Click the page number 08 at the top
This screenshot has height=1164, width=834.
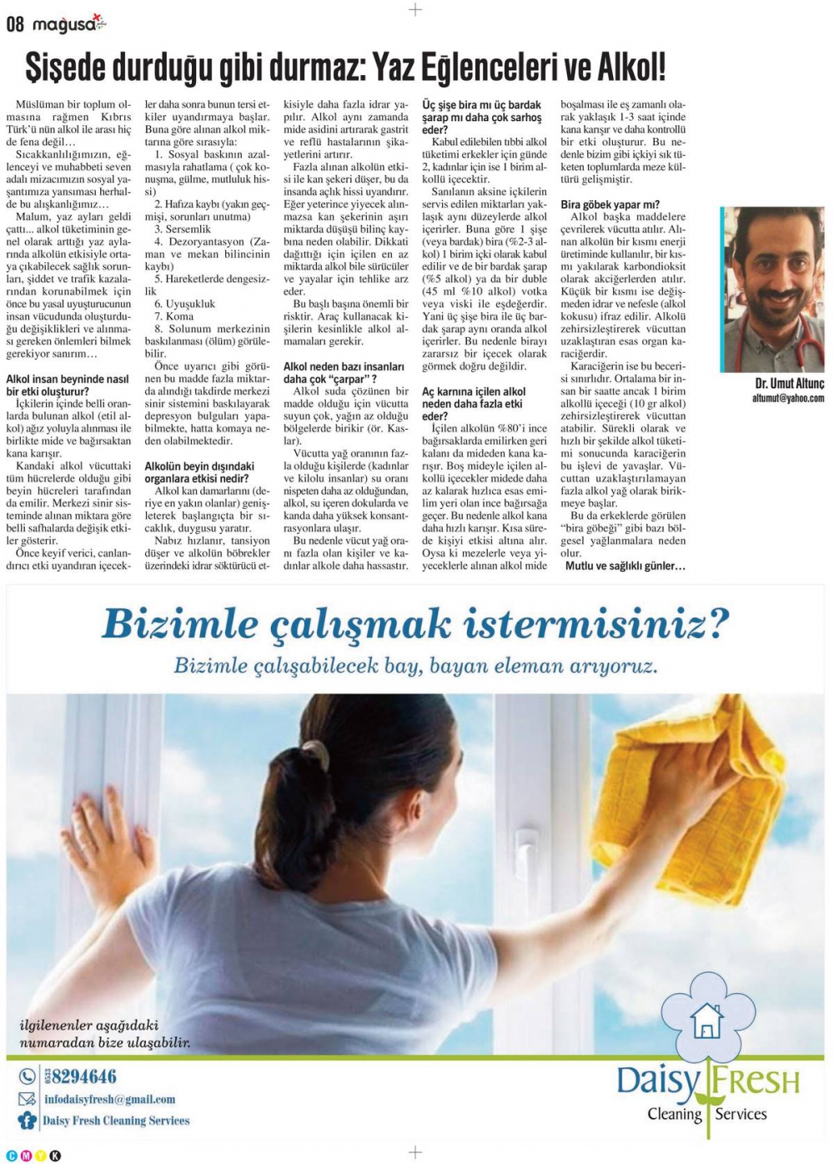tap(15, 24)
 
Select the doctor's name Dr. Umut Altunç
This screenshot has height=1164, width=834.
tap(788, 384)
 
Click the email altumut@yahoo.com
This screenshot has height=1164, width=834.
tap(787, 399)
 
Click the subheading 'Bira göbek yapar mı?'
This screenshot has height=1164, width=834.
tap(610, 204)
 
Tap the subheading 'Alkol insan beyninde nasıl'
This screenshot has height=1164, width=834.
tap(68, 379)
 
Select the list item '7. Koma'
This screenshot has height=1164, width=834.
tap(173, 316)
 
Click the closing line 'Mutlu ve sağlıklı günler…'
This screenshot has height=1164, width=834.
tap(625, 566)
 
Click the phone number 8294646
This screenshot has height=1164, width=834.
tap(83, 1076)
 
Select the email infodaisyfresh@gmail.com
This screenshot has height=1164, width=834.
tap(109, 1099)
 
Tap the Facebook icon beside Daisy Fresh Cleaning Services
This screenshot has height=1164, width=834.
tap(28, 1121)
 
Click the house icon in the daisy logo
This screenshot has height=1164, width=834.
tap(707, 1020)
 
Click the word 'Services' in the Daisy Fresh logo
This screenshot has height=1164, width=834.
tap(741, 1114)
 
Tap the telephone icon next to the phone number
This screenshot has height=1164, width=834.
tap(28, 1076)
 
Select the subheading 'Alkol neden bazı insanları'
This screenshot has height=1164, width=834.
tap(344, 366)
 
